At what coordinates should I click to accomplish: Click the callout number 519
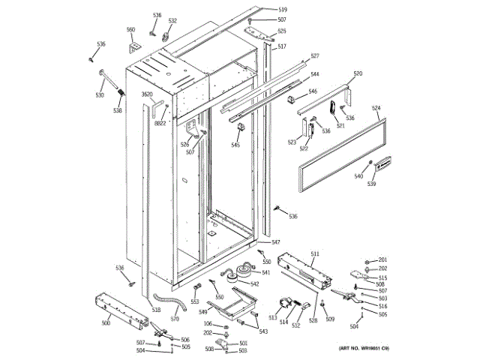282,9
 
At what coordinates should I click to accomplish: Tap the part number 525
282,31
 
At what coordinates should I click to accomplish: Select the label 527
315,56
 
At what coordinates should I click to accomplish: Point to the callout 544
315,74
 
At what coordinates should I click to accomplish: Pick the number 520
358,73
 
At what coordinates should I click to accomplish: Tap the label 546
313,91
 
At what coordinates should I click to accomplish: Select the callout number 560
130,30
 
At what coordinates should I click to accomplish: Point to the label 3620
147,94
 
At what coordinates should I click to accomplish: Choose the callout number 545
235,145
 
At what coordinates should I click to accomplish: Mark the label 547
276,242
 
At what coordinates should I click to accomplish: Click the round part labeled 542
243,271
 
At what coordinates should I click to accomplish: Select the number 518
156,309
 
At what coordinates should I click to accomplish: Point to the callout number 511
315,255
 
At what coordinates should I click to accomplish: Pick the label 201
382,259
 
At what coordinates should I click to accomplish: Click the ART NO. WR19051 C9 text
364,349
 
